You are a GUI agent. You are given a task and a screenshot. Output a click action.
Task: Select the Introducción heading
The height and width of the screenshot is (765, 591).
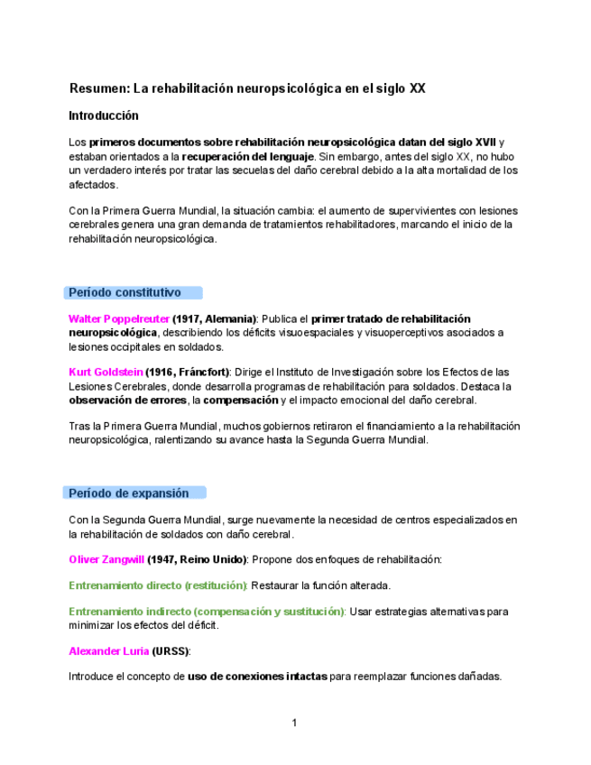point(104,116)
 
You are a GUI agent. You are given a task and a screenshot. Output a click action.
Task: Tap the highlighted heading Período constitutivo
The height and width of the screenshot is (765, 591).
point(125,292)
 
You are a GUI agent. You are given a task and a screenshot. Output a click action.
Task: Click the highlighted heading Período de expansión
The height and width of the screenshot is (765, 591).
point(129,493)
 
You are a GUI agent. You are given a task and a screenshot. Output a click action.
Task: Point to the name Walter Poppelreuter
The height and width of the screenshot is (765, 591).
point(118,319)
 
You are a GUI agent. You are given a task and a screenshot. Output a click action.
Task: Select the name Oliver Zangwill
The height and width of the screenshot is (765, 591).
point(106,559)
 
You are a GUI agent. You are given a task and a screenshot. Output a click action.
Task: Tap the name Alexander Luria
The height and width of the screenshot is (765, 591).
point(108,651)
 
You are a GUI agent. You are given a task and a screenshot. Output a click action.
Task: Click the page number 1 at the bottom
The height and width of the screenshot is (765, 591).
point(294,723)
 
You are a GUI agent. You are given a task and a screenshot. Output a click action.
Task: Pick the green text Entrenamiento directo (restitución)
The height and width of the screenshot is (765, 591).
point(158,585)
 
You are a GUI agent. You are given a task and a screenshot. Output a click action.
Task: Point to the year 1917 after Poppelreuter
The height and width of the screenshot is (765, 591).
point(189,319)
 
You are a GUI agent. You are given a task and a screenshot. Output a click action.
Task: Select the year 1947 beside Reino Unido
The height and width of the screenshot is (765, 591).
point(163,559)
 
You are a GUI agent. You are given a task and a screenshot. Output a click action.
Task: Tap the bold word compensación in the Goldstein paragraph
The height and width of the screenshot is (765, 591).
point(242,401)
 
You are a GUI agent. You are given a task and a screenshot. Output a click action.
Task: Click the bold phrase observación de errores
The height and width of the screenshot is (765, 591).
point(127,401)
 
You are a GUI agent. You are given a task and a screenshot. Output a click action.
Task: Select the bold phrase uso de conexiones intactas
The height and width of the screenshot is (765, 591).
point(257,677)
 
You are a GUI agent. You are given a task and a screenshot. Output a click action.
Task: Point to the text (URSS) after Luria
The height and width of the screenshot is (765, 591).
point(171,651)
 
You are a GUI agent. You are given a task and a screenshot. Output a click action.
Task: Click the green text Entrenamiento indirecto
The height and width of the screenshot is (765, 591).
point(129,612)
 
